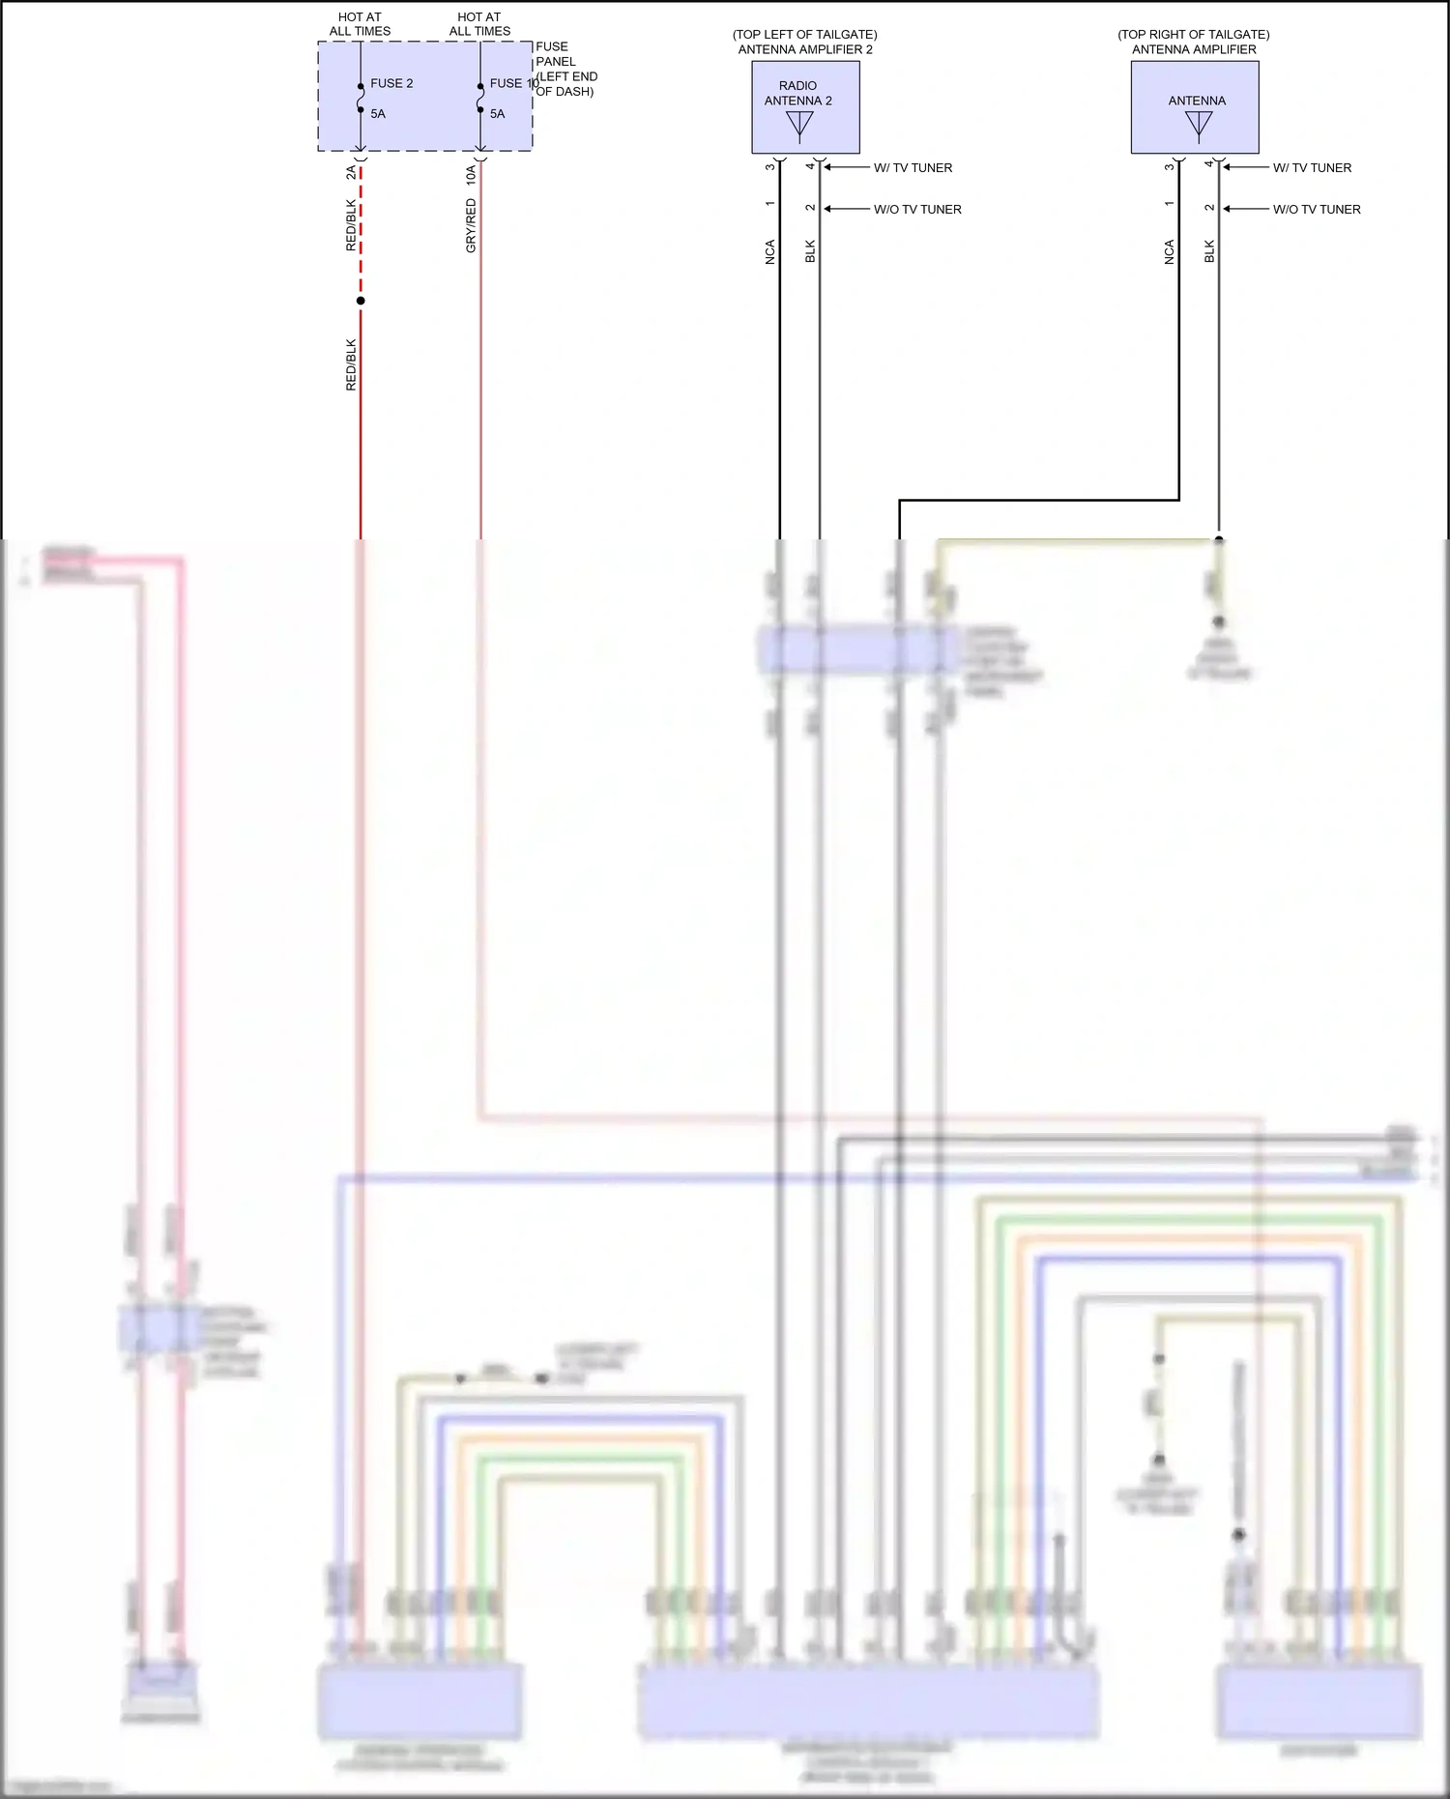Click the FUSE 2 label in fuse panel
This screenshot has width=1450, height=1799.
[391, 83]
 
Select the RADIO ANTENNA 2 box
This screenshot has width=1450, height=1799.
[805, 107]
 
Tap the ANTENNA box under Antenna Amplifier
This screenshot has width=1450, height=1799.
[1195, 107]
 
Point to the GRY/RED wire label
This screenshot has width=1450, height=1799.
[471, 226]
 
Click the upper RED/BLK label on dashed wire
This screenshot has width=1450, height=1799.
[351, 225]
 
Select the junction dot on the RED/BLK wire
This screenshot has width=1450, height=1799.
[361, 301]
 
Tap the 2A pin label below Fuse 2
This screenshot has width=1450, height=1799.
[351, 173]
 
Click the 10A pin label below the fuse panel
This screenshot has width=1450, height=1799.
[471, 175]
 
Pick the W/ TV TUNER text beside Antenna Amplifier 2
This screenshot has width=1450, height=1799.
[913, 168]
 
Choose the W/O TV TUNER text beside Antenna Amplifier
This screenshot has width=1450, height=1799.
[1316, 210]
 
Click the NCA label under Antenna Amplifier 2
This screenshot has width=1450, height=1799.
[770, 252]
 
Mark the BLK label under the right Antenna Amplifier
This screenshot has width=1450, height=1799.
[1209, 252]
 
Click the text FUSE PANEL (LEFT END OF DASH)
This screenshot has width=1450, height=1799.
[565, 69]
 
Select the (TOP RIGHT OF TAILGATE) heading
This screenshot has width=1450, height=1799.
[1193, 35]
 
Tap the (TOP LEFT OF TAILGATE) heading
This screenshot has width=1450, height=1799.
[804, 35]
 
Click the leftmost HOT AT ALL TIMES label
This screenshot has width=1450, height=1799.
[360, 24]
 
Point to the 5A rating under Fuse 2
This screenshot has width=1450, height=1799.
[378, 114]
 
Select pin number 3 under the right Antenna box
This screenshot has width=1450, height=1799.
[1170, 166]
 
